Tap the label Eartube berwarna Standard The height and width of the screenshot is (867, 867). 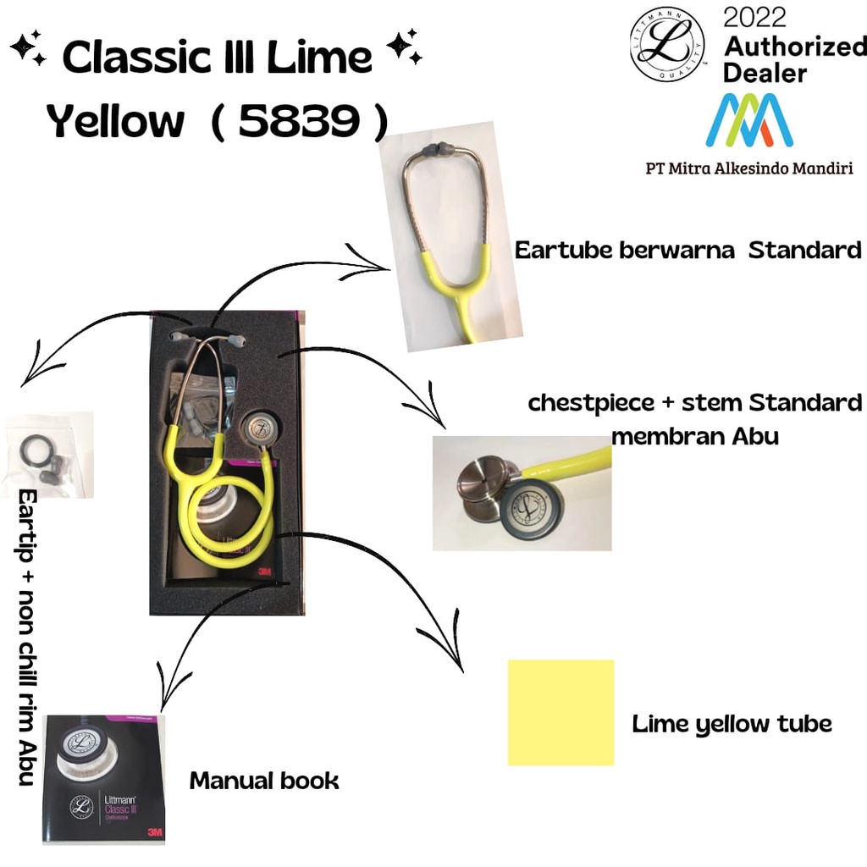coord(688,251)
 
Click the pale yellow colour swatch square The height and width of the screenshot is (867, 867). coord(561,712)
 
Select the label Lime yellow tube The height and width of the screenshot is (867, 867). coord(732,724)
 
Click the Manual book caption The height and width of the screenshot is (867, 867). coord(263,780)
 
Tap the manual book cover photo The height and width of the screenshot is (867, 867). coord(104,779)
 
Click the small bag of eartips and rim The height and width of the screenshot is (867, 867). coord(47,455)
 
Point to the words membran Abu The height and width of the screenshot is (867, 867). coord(694,437)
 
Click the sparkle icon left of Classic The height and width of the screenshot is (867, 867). coord(29,52)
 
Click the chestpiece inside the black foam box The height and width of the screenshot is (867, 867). coord(258,429)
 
